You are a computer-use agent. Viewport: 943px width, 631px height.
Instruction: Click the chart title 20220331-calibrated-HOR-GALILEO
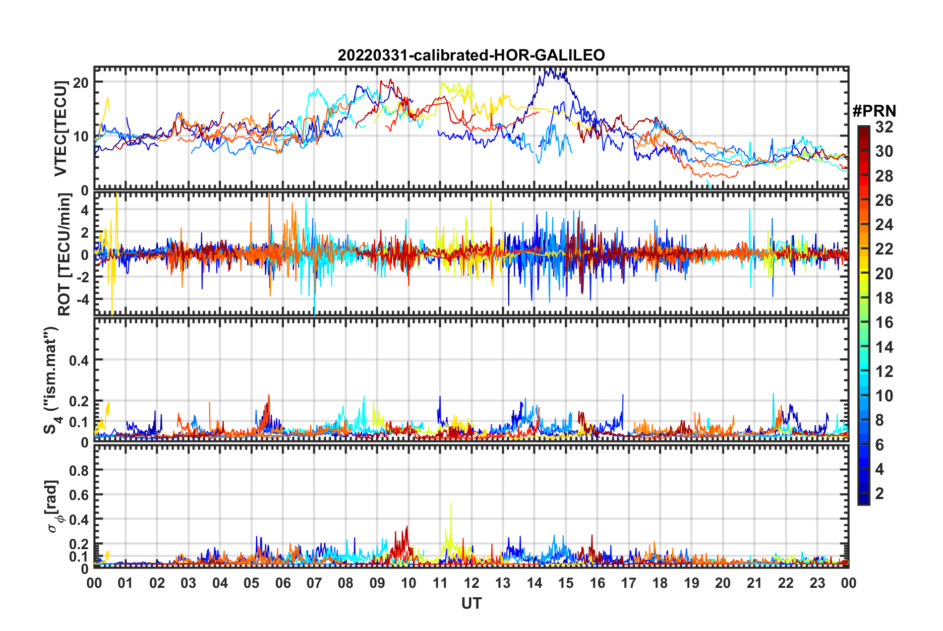coord(471,55)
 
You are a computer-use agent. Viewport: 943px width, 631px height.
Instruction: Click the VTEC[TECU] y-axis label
coord(60,128)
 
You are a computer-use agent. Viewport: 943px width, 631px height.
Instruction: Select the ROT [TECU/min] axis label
coord(64,254)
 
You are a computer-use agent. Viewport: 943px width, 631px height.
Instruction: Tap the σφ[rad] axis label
coord(54,506)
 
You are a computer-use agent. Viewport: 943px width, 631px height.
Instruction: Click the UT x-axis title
coord(471,603)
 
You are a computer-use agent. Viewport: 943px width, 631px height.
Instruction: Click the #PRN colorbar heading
coord(874,111)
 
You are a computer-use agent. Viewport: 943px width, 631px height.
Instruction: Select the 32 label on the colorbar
coord(884,127)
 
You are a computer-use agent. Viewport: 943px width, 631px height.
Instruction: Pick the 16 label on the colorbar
coord(884,322)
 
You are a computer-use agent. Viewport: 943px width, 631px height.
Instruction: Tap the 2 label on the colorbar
coord(880,493)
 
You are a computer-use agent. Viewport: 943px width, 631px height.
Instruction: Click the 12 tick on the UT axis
coord(471,583)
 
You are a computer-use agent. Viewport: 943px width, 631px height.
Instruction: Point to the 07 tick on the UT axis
coord(314,583)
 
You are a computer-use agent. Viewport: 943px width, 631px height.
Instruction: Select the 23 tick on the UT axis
coord(817,583)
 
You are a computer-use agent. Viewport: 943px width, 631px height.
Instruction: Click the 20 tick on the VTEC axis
coord(81,82)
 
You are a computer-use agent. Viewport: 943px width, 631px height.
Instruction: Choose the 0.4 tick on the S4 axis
coord(79,360)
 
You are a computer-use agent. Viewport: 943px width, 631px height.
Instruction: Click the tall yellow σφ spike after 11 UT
coord(451,505)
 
